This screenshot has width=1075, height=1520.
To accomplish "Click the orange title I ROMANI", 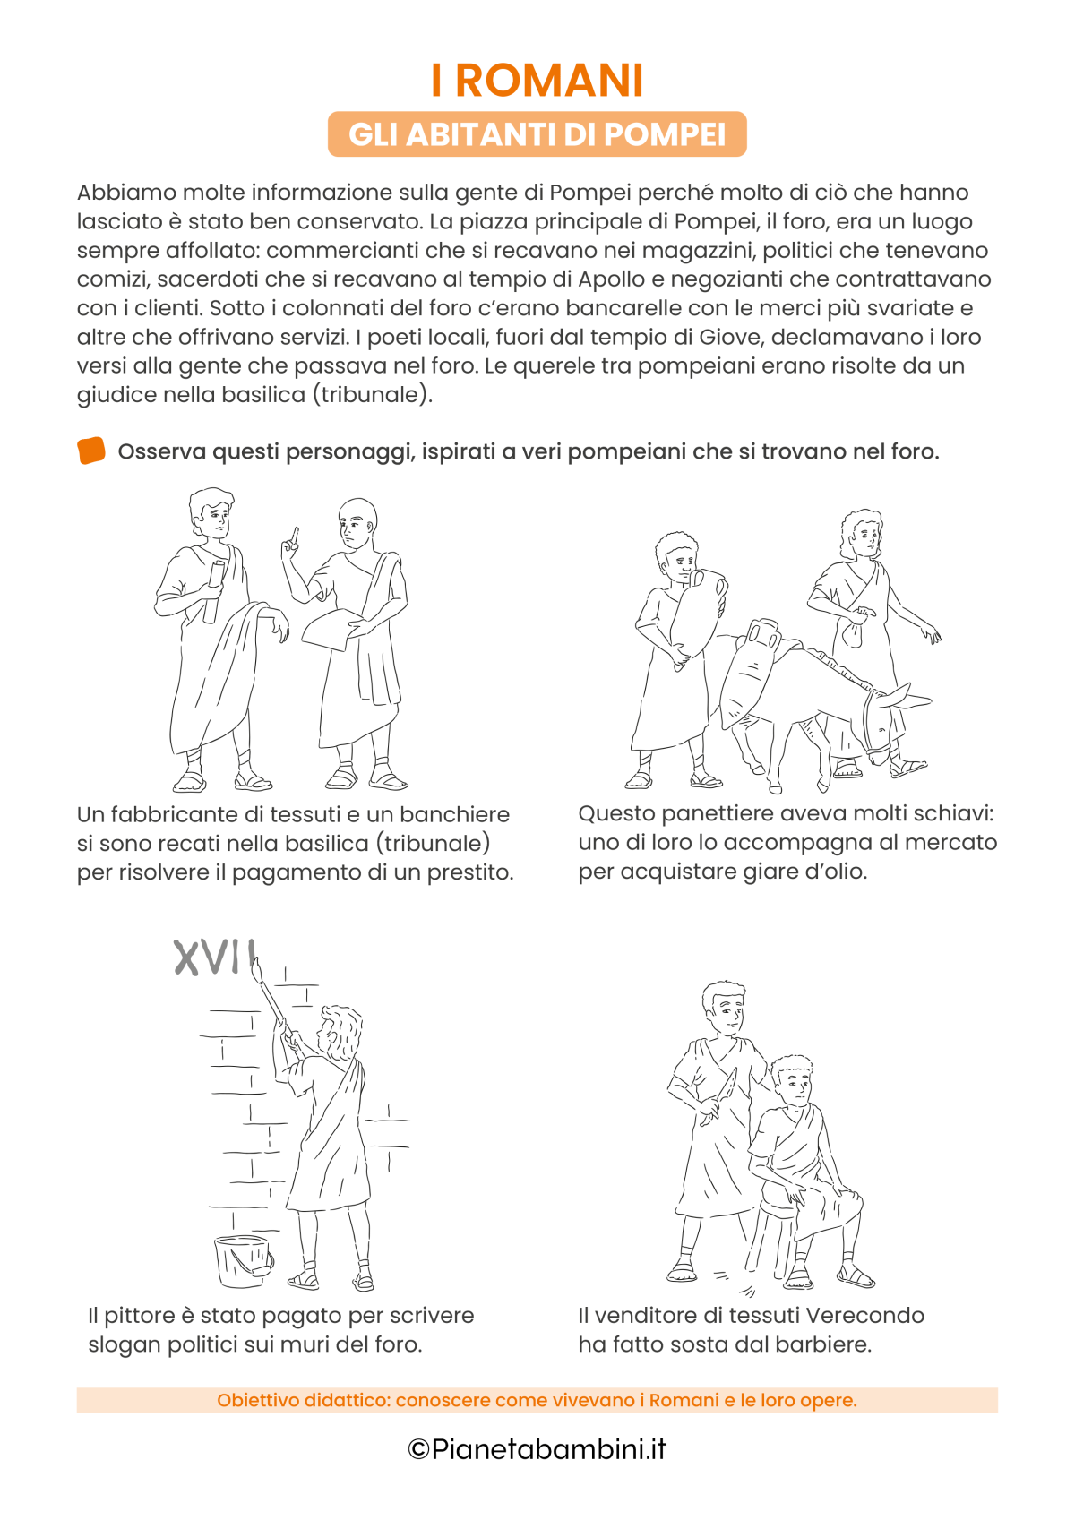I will point(537,81).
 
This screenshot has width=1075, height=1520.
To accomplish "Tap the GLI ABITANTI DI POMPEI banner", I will point(537,134).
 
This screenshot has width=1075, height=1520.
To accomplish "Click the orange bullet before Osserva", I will point(91,451).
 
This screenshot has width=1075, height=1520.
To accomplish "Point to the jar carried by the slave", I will point(697,614).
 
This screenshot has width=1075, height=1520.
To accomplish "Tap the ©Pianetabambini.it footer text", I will point(537,1449).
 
